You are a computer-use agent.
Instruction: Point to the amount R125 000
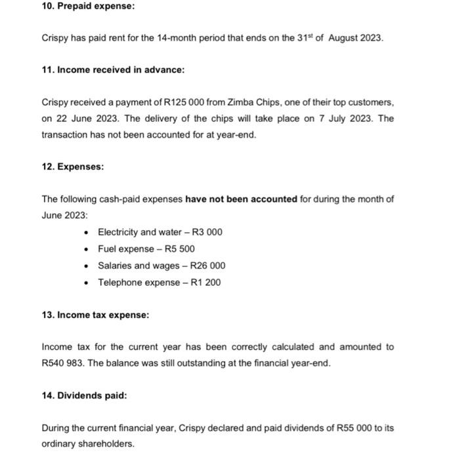[185, 102]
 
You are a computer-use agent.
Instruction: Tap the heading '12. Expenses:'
[72, 167]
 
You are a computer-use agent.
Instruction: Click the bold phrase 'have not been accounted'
[242, 199]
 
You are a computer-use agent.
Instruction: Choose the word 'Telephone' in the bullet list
[118, 282]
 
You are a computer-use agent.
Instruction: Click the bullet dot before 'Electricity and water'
[87, 233]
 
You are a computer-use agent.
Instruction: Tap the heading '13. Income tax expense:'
[95, 315]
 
